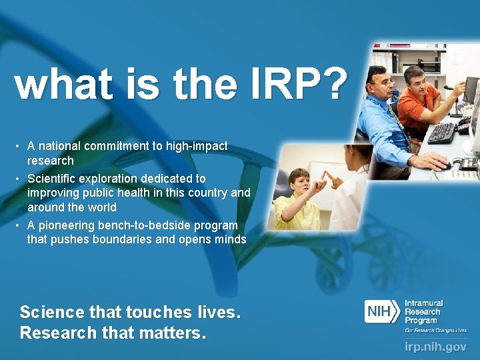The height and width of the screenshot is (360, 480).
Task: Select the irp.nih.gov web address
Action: click(436, 347)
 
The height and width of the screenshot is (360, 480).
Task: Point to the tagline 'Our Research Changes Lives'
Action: click(435, 330)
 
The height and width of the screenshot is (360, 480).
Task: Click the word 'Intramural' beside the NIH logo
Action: click(423, 303)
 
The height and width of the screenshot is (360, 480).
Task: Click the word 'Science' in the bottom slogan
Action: click(52, 312)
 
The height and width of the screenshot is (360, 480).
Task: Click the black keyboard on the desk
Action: click(441, 133)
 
